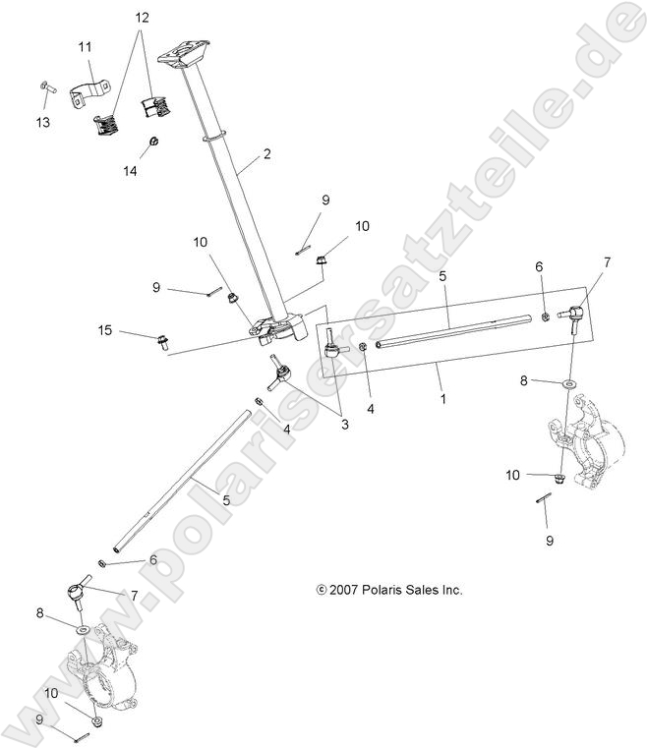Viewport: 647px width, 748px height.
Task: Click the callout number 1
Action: coord(443,400)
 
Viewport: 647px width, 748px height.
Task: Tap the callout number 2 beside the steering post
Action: coord(267,154)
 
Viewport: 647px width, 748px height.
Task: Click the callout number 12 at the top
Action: coord(143,18)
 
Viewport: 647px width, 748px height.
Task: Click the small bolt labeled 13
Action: coord(44,88)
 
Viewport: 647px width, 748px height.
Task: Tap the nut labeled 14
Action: coord(155,144)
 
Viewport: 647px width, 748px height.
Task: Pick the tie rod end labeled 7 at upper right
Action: coord(572,315)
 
